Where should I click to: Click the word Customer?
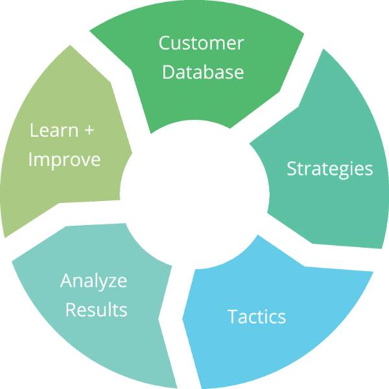tap(202, 43)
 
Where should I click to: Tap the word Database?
tap(202, 71)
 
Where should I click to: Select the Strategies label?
tap(329, 169)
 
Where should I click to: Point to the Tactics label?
tap(256, 316)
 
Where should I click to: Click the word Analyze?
tap(93, 281)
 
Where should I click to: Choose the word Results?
tap(95, 309)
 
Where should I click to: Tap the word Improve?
tap(64, 159)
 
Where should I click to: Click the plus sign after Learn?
tap(89, 131)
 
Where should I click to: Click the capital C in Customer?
tap(165, 43)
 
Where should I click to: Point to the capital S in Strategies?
tap(291, 169)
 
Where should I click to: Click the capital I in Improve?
tap(30, 159)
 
